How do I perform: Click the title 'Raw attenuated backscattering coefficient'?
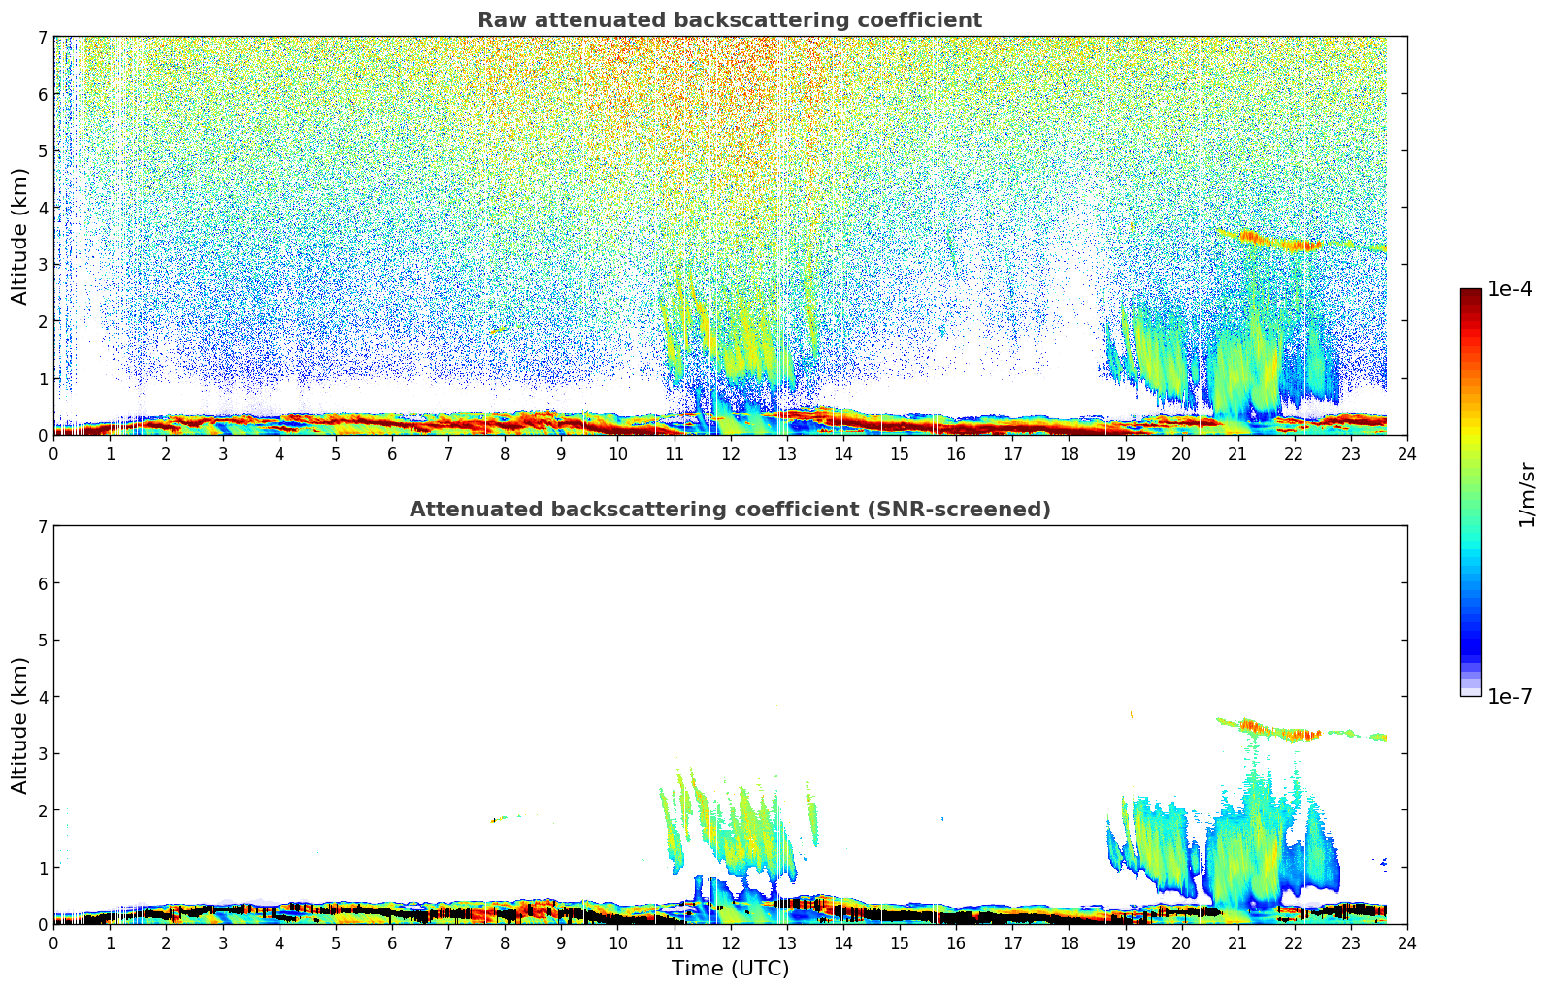coord(729,20)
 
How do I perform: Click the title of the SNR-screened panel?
coord(729,510)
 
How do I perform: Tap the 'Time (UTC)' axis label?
coord(730,969)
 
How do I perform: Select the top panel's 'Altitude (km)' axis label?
coord(20,236)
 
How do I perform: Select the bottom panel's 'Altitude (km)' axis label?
coord(20,725)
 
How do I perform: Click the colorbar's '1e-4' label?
coord(1509,289)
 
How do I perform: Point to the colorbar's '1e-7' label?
coord(1509,697)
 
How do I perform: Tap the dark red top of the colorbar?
coord(1470,295)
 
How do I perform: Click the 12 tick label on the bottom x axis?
coord(730,943)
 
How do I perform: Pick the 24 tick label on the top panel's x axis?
coord(1406,454)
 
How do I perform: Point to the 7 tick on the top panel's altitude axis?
coord(43,38)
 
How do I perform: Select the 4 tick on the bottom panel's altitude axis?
coord(43,697)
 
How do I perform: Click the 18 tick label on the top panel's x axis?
coord(1069,454)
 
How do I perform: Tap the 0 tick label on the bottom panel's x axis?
coord(53,943)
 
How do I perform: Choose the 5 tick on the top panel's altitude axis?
coord(43,151)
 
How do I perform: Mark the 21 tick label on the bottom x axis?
coord(1237,943)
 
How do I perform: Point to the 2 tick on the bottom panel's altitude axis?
coord(43,810)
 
